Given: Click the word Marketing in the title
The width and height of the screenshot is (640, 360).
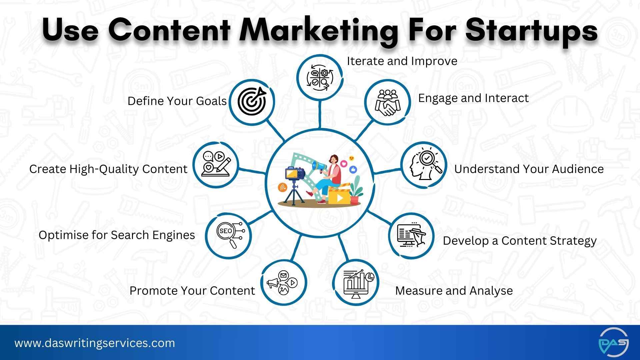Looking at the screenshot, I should (x=319, y=31).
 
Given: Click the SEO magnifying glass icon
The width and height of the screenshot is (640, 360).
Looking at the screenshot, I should (x=228, y=235).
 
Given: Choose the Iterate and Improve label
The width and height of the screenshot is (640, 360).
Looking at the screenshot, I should (x=402, y=61).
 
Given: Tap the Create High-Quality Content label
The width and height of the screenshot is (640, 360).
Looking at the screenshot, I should (x=108, y=169).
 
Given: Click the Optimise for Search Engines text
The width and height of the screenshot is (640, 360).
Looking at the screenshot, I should (x=117, y=235).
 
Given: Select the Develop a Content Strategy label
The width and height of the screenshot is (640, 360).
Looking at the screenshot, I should (x=519, y=241).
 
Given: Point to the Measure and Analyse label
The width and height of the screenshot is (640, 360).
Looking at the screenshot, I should (x=454, y=291).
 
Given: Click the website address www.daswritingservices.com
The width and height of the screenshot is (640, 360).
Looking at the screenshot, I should (x=95, y=343).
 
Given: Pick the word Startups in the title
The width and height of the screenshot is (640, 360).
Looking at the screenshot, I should (x=531, y=31).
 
